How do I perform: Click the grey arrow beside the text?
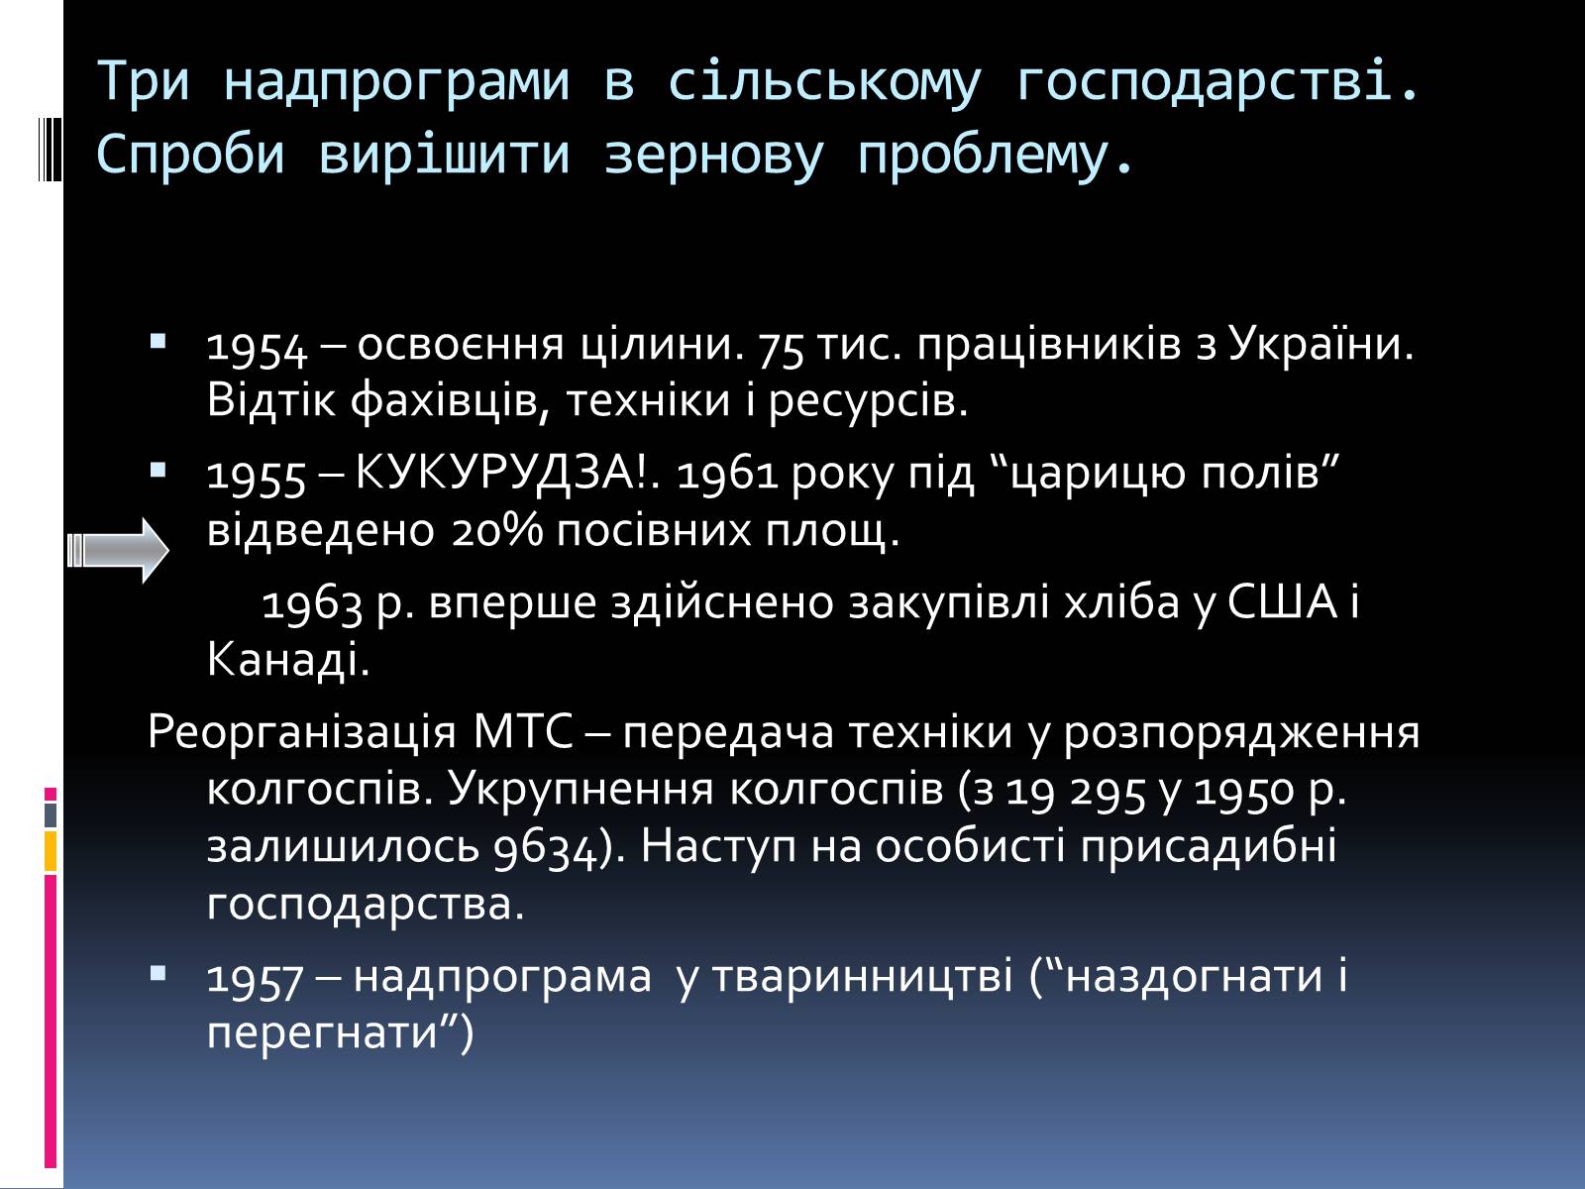(x=118, y=550)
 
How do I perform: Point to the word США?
(x=1283, y=601)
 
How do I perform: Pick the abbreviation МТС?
(x=523, y=732)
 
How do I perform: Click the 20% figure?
(x=497, y=531)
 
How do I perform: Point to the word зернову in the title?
(x=713, y=156)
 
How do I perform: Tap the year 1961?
(x=727, y=476)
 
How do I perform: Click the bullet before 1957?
(x=158, y=974)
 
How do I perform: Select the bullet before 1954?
(x=158, y=341)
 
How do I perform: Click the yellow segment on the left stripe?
(x=51, y=851)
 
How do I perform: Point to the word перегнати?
(x=323, y=1034)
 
